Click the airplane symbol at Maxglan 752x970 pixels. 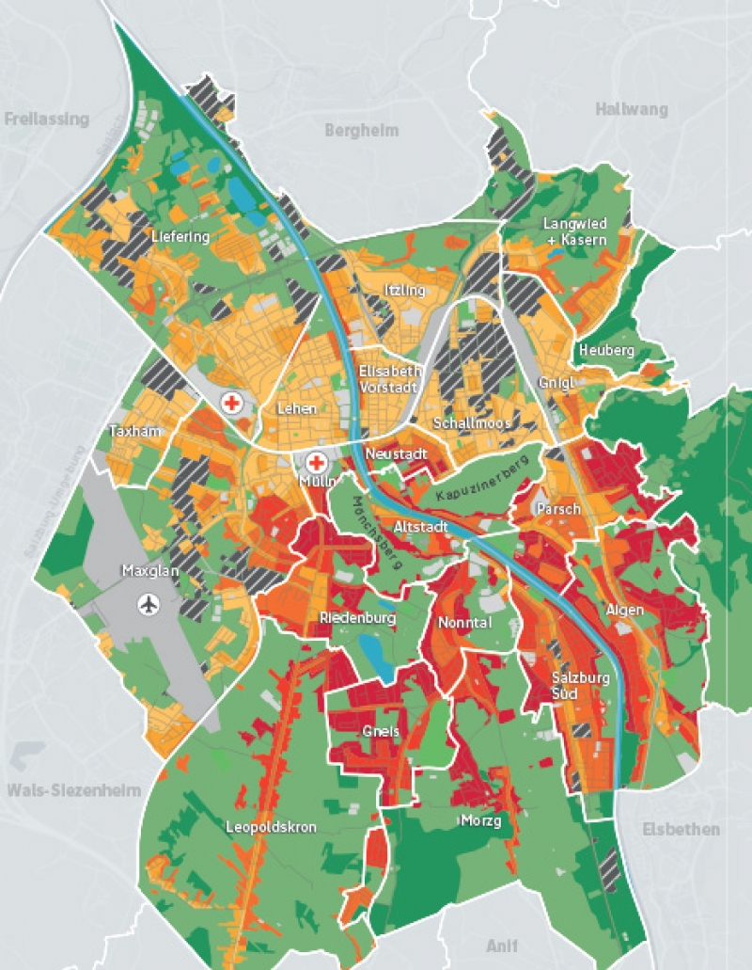point(147,603)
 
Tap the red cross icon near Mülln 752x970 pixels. point(317,463)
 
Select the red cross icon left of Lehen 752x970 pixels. point(230,403)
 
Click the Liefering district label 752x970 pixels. point(180,237)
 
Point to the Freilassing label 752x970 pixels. point(46,119)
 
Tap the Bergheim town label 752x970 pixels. point(362,131)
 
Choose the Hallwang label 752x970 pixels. point(631,109)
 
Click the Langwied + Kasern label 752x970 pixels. point(575,231)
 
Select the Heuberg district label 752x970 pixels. point(606,350)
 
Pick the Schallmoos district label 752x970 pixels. point(472,423)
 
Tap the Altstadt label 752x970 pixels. point(420,526)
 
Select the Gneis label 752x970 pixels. point(380,731)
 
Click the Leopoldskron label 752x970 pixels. point(271,827)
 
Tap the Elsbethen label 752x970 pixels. point(681,829)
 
